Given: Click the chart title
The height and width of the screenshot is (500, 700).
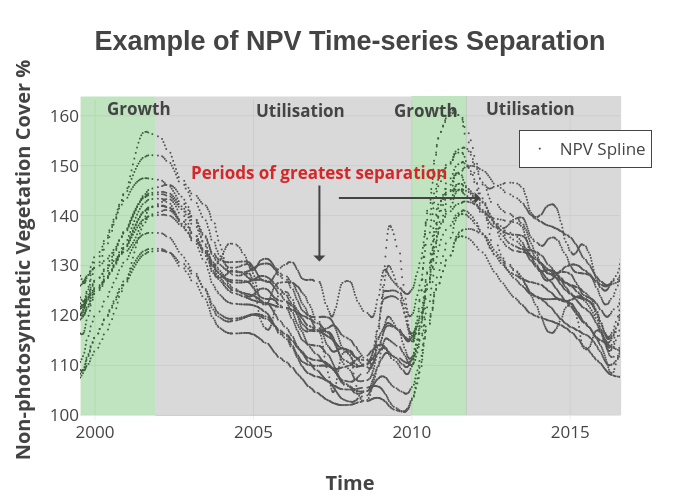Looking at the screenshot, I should (x=349, y=41).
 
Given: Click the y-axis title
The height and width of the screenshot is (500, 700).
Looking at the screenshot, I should (x=23, y=259).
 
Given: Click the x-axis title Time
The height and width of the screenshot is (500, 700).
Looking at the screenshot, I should (x=349, y=483).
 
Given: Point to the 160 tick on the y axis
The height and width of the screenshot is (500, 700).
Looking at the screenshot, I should (x=64, y=116).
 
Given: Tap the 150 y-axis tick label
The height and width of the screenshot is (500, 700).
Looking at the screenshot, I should (x=64, y=166).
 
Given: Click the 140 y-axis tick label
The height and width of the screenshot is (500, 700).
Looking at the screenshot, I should (x=64, y=216).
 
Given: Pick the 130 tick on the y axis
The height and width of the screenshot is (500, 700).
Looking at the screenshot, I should (x=64, y=266).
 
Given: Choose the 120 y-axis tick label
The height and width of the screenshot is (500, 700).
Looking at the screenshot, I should (x=64, y=316).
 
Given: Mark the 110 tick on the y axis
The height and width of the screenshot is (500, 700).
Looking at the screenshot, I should (x=64, y=366).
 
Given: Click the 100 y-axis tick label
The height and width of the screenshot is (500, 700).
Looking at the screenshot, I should (x=64, y=415).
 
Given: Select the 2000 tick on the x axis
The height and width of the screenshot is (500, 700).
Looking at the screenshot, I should (x=95, y=432).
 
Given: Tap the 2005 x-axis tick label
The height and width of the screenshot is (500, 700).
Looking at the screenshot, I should (x=253, y=432).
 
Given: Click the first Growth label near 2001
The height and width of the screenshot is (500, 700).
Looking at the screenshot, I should (x=139, y=109).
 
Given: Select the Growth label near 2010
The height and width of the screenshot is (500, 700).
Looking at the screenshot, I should (x=425, y=111).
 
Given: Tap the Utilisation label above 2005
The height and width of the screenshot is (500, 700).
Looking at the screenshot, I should (x=300, y=111).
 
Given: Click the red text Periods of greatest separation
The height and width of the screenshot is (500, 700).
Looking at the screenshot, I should (x=319, y=173).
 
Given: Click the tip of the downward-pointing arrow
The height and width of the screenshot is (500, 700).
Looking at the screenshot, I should (x=319, y=260).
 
